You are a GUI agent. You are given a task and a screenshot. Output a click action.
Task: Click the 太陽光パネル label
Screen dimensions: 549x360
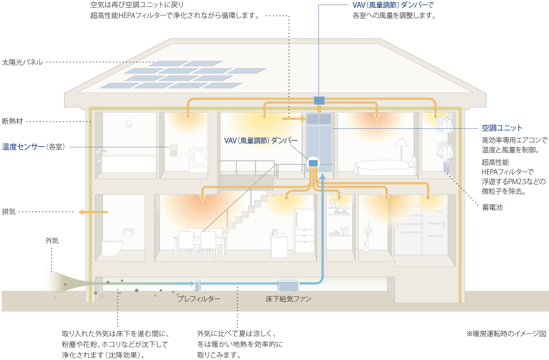tap(22, 62)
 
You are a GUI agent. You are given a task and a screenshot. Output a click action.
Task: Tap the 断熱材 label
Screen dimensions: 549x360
tap(12, 121)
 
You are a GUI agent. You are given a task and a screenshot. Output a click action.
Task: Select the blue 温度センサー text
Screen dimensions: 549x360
tap(24, 147)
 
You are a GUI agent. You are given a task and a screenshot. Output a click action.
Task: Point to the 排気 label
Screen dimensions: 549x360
tap(9, 211)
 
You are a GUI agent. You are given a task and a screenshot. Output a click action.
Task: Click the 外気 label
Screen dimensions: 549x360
tap(52, 241)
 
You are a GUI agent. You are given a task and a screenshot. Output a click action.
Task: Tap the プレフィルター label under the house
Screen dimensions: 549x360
tap(199, 299)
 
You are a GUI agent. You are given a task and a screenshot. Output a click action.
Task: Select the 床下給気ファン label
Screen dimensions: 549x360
tap(289, 299)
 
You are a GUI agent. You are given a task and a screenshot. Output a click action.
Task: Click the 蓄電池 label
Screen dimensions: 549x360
tap(492, 208)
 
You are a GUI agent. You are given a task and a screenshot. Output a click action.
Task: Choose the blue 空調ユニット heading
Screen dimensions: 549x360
tap(502, 128)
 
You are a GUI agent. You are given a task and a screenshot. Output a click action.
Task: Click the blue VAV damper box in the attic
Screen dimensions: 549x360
tap(319, 101)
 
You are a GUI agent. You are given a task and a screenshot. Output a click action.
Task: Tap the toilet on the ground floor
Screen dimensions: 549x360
tap(112, 247)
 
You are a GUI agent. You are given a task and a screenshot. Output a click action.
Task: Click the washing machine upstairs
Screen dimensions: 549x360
tap(198, 160)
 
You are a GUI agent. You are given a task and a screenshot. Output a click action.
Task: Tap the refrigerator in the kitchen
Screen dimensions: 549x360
tap(304, 231)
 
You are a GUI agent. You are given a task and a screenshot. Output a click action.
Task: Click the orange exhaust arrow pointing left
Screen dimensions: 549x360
tap(93, 212)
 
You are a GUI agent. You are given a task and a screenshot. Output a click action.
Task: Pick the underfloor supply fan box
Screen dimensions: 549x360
tap(288, 285)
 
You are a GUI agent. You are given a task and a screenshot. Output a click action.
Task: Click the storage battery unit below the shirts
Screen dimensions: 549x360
tap(447, 167)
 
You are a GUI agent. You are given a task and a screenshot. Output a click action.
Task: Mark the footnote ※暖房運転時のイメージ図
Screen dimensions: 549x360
tap(506, 334)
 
